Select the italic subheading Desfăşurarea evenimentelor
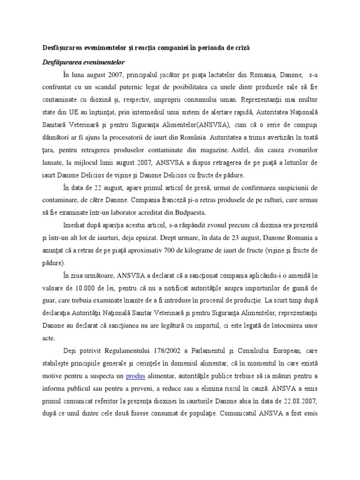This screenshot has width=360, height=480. (82, 61)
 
